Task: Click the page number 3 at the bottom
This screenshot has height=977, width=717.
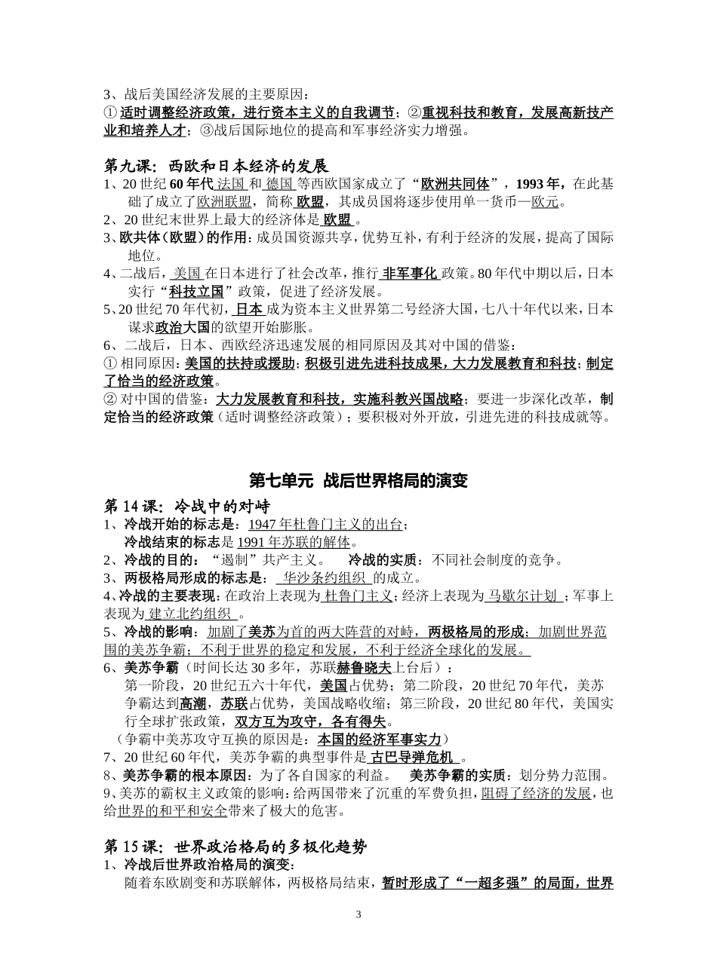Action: tap(358, 914)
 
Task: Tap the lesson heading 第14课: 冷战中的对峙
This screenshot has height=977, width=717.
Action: tap(186, 505)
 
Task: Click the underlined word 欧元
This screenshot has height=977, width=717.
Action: tap(544, 201)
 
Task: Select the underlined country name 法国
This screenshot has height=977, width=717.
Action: tap(231, 184)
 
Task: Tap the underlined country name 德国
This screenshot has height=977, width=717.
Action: tap(279, 184)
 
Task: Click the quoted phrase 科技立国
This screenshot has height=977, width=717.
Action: tap(196, 292)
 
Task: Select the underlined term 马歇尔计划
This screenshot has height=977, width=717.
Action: tap(522, 596)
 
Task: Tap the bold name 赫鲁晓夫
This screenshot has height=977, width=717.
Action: tap(365, 667)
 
